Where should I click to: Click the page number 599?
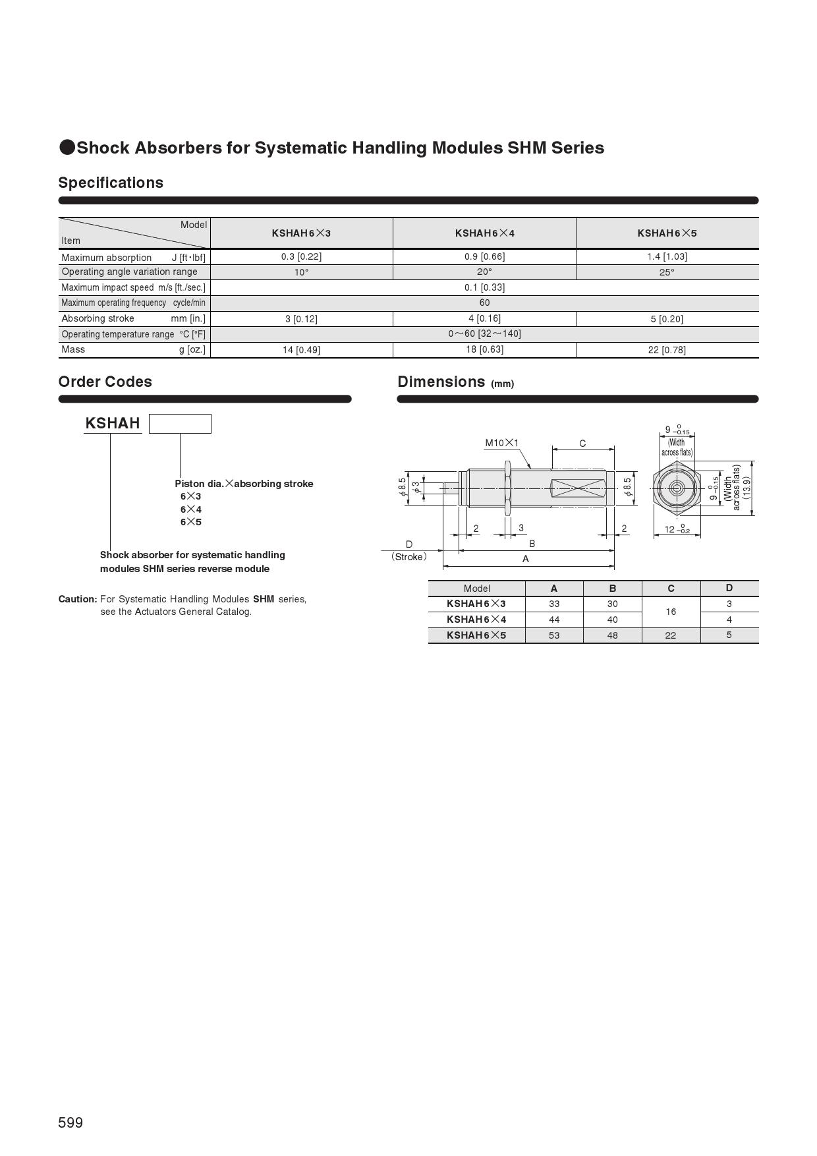(x=70, y=1122)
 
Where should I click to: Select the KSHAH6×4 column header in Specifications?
(x=484, y=233)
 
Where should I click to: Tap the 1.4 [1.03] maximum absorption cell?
(x=667, y=256)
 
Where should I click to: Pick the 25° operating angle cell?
(x=667, y=272)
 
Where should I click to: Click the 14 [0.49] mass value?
(x=301, y=350)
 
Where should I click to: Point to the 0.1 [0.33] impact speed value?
(x=484, y=287)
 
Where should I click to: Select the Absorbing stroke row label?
(x=98, y=318)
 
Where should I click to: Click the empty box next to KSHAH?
(x=180, y=424)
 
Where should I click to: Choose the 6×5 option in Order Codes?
(x=191, y=522)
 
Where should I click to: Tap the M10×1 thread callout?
(x=502, y=443)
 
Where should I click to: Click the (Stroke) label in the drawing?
(x=408, y=557)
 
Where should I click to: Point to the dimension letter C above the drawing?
(x=582, y=444)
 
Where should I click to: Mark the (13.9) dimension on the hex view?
(x=747, y=488)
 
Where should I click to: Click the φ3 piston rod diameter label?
(x=416, y=488)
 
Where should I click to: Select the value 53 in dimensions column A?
(x=554, y=635)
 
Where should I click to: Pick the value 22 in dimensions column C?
(x=671, y=635)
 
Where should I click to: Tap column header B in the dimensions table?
(x=613, y=589)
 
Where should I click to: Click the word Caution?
(x=78, y=599)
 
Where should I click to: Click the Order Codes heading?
(x=105, y=382)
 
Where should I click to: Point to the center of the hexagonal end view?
(x=677, y=488)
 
